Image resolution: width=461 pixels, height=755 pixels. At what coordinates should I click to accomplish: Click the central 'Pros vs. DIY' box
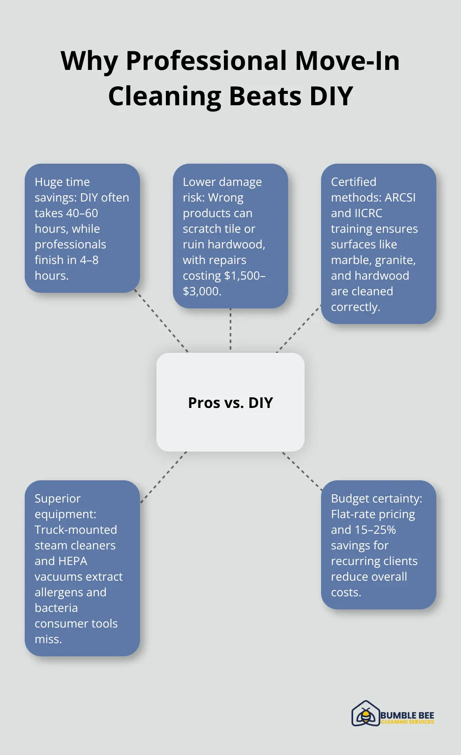pos(230,402)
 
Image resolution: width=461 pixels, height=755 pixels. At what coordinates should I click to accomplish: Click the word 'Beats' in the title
pos(265,96)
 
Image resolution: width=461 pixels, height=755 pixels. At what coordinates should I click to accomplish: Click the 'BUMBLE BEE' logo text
pos(407,716)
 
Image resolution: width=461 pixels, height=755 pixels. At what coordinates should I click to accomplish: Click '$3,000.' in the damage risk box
pos(202,291)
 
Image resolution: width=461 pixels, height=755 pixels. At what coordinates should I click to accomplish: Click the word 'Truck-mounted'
pos(76,530)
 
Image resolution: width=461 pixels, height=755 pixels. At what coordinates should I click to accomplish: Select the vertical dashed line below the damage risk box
pos(230,329)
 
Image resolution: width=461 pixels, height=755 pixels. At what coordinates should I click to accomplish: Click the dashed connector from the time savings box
pos(161,321)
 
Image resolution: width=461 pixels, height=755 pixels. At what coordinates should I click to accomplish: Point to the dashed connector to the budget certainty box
pos(303,471)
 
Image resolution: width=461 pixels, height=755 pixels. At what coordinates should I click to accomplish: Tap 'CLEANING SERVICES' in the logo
pos(407,722)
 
